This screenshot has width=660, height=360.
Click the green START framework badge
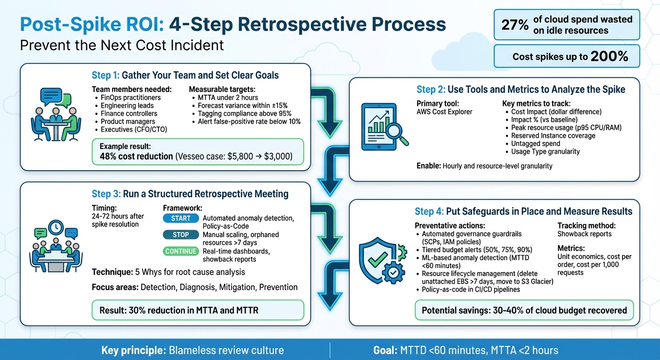tap(180, 218)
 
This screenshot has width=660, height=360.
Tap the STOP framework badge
tap(180, 235)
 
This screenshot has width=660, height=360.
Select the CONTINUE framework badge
tap(180, 251)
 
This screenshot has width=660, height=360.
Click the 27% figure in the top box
tap(515, 25)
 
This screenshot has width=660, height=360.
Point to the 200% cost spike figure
tap(609, 57)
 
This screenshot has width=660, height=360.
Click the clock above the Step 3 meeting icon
tap(55, 227)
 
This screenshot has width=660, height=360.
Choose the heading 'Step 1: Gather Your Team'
tap(185, 75)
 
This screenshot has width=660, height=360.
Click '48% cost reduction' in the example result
tap(136, 156)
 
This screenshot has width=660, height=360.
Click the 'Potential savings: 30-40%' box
tap(524, 310)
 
